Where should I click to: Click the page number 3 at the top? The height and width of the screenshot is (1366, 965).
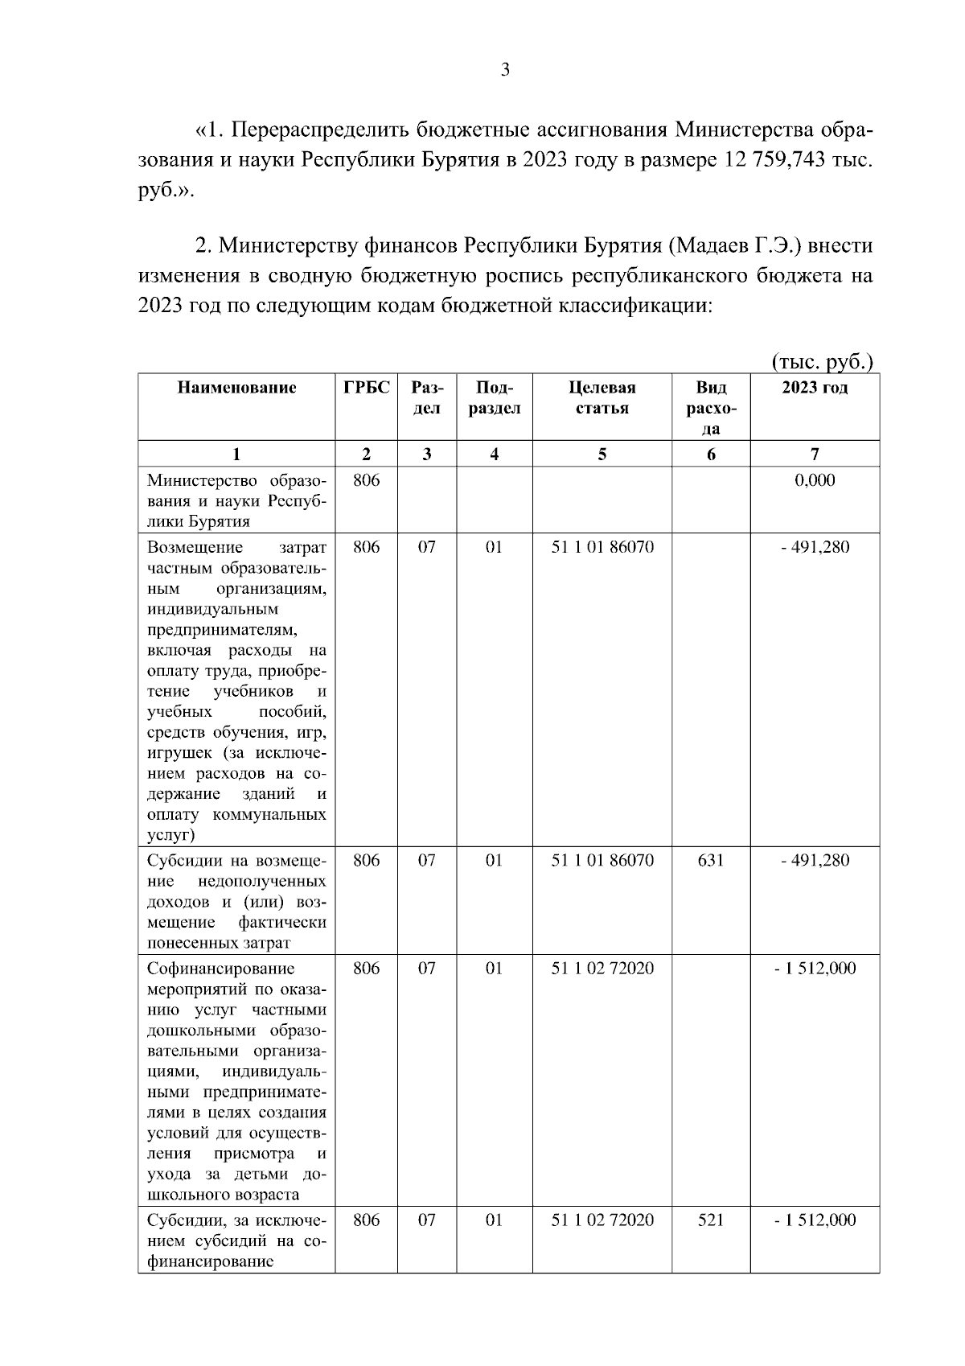(x=505, y=70)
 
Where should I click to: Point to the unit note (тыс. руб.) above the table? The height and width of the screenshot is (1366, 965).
(x=822, y=362)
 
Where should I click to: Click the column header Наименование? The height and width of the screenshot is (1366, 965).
(x=236, y=388)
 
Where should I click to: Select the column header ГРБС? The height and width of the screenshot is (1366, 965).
(x=366, y=388)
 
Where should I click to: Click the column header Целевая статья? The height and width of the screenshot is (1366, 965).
(x=602, y=397)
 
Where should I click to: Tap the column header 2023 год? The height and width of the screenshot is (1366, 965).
(x=815, y=388)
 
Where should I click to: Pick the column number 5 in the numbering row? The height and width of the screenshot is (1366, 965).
(x=602, y=454)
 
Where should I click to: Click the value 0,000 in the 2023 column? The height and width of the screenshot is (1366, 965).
(x=815, y=481)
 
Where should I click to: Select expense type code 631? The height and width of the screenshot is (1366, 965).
(x=711, y=860)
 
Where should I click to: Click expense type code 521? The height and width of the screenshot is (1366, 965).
(x=711, y=1220)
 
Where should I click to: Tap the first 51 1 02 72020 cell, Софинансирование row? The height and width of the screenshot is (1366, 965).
(x=602, y=968)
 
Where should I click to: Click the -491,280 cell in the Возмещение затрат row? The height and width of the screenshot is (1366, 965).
(x=815, y=548)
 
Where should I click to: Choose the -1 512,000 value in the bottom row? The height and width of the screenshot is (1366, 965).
(x=815, y=1220)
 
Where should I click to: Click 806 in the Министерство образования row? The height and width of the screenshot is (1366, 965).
(x=366, y=481)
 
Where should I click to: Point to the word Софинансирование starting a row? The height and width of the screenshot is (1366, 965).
(x=220, y=968)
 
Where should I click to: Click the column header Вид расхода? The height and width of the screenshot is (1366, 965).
(x=711, y=408)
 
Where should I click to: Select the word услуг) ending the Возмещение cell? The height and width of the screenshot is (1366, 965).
(x=171, y=835)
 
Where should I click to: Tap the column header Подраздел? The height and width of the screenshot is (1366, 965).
(x=494, y=397)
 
